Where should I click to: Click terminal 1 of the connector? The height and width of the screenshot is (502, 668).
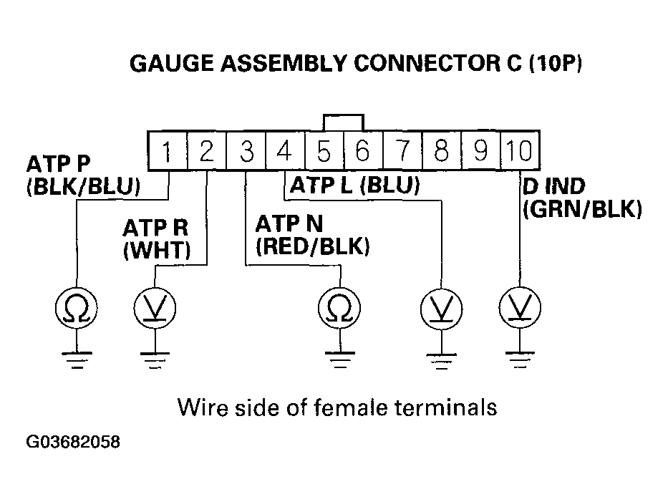(x=167, y=151)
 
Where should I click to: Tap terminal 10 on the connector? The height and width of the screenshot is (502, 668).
(x=518, y=151)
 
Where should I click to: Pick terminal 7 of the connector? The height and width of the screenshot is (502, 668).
(x=402, y=151)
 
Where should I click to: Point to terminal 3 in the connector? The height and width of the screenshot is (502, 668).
(x=246, y=151)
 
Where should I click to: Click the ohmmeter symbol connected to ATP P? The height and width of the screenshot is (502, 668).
(x=76, y=309)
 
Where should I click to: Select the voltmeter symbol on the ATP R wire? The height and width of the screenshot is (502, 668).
(x=155, y=309)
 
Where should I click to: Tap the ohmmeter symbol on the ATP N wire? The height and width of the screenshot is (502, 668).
(x=339, y=309)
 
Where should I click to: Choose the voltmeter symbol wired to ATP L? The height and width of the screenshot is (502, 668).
(x=439, y=309)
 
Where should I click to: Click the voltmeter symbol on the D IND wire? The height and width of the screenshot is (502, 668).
(x=518, y=309)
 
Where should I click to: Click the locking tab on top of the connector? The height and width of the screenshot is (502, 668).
(x=343, y=122)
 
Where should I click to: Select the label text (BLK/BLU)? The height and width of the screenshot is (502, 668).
(x=83, y=190)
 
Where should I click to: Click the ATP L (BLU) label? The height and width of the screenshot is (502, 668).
(x=354, y=187)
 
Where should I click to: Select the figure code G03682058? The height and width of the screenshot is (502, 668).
(x=73, y=442)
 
